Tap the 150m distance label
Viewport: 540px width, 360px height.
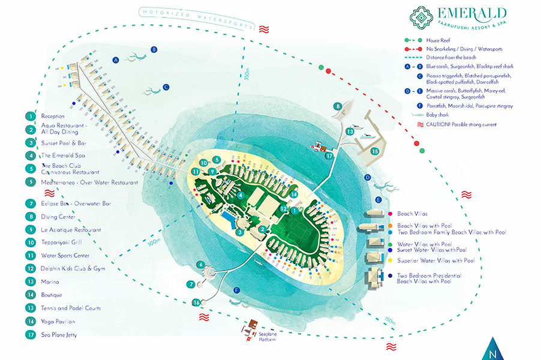(x=391, y=322)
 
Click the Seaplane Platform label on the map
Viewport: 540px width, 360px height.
(x=270, y=337)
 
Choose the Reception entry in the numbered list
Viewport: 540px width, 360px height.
(x=53, y=116)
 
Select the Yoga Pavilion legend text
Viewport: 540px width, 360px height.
(x=59, y=322)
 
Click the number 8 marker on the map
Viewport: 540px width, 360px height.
(x=338, y=106)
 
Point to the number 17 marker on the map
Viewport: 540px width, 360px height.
(x=328, y=156)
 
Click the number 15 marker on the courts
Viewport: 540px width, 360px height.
(x=374, y=152)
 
